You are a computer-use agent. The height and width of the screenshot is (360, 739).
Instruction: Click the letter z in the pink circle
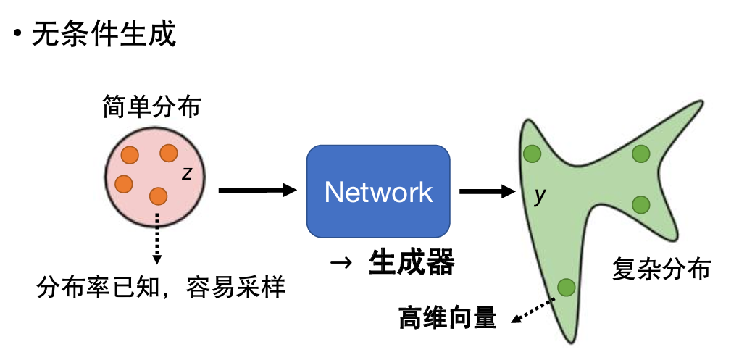pyautogui.click(x=187, y=173)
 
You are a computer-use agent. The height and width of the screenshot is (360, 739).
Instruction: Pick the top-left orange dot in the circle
pyautogui.click(x=130, y=155)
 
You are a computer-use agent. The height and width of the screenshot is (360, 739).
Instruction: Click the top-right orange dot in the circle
pyautogui.click(x=169, y=153)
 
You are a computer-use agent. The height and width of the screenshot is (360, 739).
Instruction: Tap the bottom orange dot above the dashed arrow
pyautogui.click(x=158, y=196)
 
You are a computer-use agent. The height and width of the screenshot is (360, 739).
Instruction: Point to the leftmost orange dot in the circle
pyautogui.click(x=123, y=183)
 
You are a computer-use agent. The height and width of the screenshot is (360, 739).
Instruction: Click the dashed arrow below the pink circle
pyautogui.click(x=156, y=239)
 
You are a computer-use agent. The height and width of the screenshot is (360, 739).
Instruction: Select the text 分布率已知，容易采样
pyautogui.click(x=161, y=289)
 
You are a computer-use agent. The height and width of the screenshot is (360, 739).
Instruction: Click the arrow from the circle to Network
pyautogui.click(x=258, y=191)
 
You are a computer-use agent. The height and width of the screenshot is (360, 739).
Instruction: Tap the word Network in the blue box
pyautogui.click(x=378, y=192)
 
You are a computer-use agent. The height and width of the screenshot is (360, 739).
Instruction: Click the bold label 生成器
pyautogui.click(x=411, y=263)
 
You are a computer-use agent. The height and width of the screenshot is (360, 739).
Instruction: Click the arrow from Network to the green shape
pyautogui.click(x=486, y=191)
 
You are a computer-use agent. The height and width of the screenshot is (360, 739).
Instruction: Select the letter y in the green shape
pyautogui.click(x=538, y=196)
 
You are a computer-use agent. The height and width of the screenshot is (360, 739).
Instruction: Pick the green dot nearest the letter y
pyautogui.click(x=533, y=154)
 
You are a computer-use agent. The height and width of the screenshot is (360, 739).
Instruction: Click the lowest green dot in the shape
pyautogui.click(x=567, y=288)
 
